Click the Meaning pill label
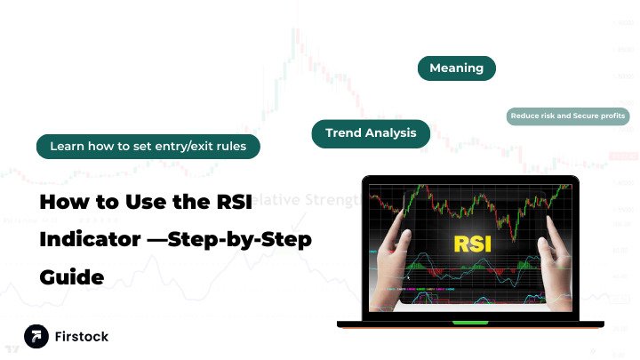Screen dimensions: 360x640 click(x=456, y=68)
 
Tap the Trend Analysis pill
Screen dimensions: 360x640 click(x=371, y=133)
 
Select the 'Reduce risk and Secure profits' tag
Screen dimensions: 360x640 click(x=567, y=116)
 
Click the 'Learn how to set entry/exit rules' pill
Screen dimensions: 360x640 click(x=148, y=146)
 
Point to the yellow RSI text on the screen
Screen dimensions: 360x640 click(x=472, y=242)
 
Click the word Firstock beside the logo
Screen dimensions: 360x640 click(x=83, y=337)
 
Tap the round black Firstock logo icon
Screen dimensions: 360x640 click(x=36, y=336)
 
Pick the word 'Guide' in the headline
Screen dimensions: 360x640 click(x=71, y=278)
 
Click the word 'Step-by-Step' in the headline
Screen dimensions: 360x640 click(x=248, y=240)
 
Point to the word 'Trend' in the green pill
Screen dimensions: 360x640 click(x=343, y=133)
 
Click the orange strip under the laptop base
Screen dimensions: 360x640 click(x=471, y=328)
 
